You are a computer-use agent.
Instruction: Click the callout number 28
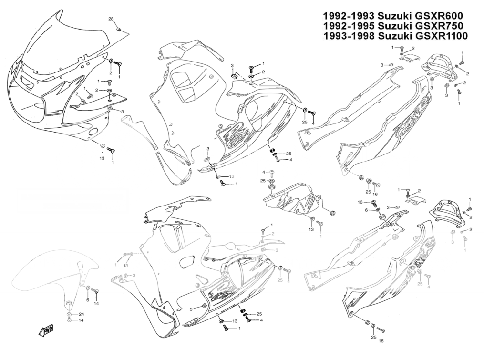(x=111, y=19)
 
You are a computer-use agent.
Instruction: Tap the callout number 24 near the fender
(x=81, y=314)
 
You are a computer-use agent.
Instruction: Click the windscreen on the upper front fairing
(x=62, y=43)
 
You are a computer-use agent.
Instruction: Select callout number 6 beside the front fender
(x=88, y=300)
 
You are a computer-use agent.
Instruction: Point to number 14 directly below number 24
(x=81, y=320)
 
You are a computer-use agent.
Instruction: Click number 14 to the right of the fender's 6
(x=96, y=303)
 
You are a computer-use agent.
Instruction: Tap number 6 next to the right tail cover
(x=367, y=210)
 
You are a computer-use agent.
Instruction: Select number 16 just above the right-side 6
(x=361, y=202)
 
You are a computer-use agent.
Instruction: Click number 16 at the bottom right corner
(x=381, y=341)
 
